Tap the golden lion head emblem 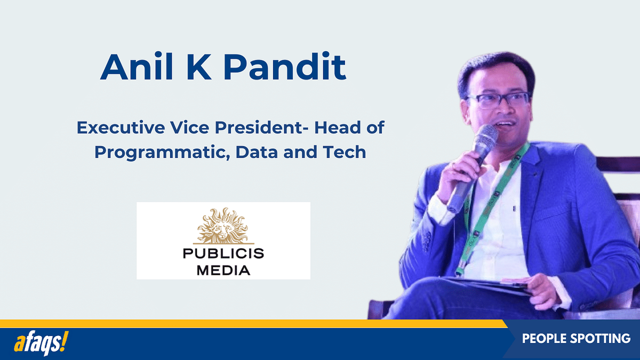click(x=223, y=226)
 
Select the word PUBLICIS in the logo click(x=223, y=253)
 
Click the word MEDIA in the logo click(x=223, y=270)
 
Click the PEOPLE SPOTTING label click(x=576, y=339)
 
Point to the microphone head click(x=486, y=137)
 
